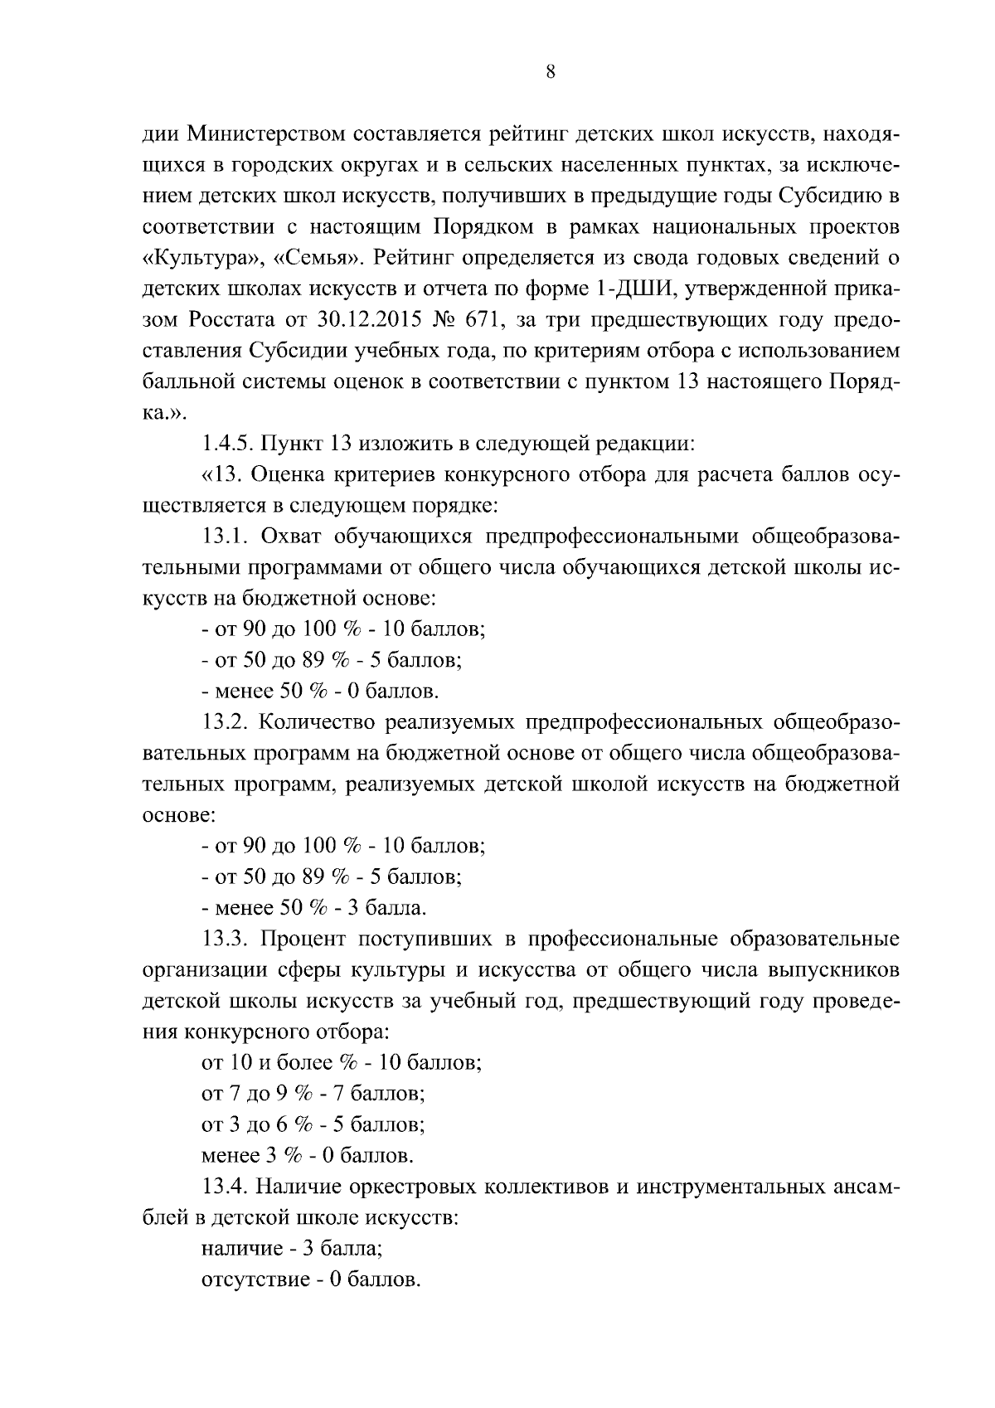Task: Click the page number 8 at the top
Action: [551, 72]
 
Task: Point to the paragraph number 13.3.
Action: [226, 939]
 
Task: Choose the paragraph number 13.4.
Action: [226, 1187]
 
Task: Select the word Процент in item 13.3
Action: [303, 939]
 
